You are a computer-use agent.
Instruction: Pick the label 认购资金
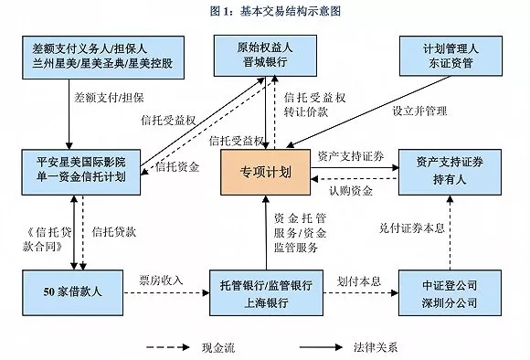tap(351, 190)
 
